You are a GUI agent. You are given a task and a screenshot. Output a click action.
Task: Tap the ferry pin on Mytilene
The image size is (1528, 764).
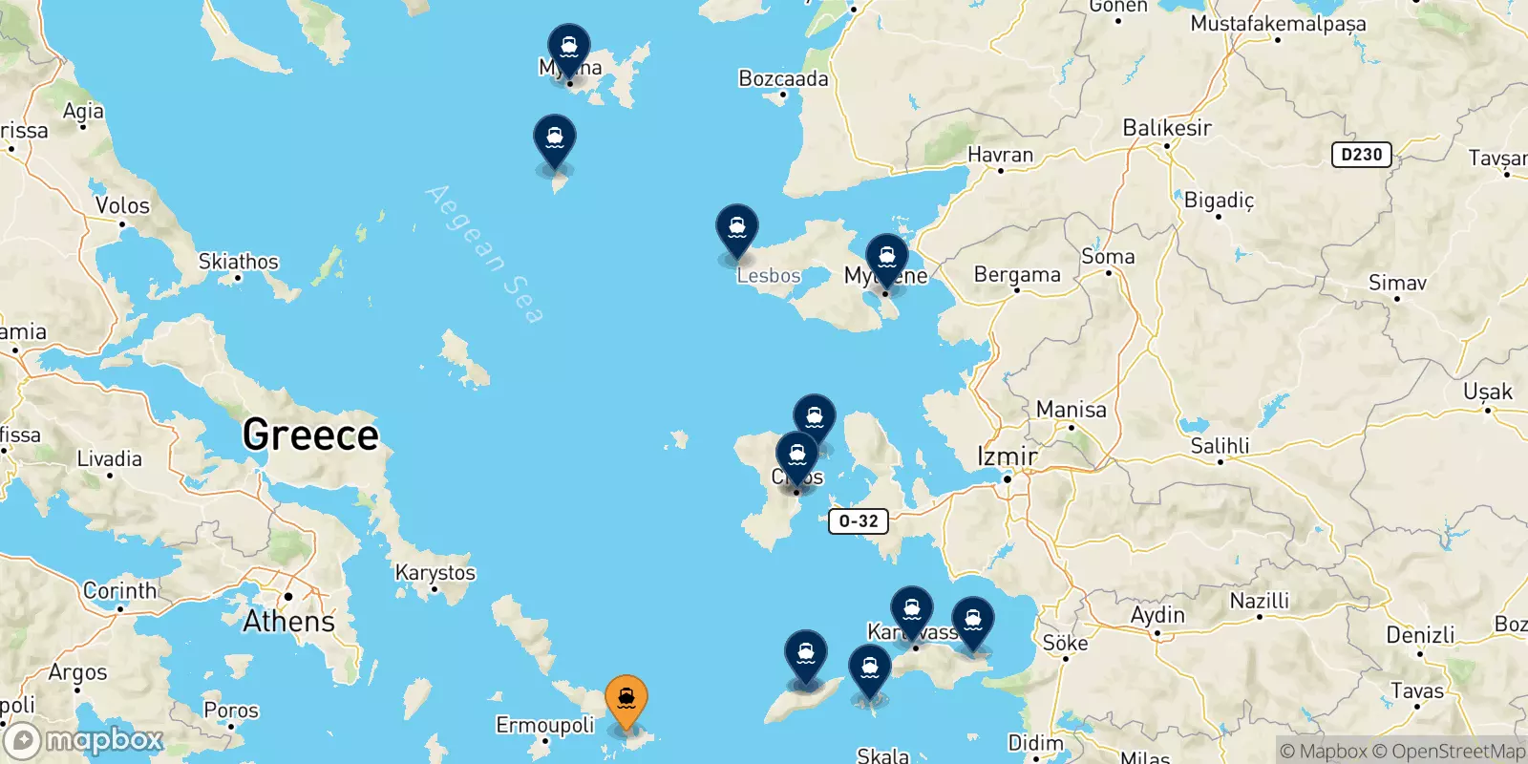tap(886, 259)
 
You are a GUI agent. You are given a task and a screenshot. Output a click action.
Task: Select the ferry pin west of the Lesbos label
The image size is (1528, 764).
tap(737, 230)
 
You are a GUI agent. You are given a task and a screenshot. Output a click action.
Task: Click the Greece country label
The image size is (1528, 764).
tap(310, 435)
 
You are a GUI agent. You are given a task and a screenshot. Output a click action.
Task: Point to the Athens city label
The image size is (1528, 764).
tap(289, 621)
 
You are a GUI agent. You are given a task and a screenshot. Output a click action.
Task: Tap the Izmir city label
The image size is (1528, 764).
tap(1007, 456)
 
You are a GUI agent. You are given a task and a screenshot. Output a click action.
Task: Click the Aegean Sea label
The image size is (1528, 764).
tap(485, 253)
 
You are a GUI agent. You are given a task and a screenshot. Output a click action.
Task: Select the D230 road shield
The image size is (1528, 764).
tap(1361, 155)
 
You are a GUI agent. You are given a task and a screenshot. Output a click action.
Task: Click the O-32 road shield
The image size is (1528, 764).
tap(859, 521)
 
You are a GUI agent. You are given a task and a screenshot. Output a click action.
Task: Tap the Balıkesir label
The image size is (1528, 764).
tap(1167, 128)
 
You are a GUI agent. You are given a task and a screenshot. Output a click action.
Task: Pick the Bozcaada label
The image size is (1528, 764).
tap(783, 78)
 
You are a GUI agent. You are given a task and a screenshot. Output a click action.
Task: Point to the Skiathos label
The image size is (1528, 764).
tap(238, 262)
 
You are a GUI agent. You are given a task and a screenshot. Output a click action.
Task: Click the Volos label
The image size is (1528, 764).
tap(122, 205)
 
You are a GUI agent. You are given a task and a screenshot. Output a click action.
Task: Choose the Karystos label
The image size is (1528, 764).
tap(435, 573)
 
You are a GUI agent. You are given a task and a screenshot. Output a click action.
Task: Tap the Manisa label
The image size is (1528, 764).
tap(1072, 410)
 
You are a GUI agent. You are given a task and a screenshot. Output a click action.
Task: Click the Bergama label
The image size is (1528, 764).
tap(1017, 275)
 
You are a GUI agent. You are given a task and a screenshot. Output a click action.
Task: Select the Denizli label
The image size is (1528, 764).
tap(1420, 635)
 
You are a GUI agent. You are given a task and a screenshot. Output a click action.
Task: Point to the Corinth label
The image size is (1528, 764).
tap(119, 590)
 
